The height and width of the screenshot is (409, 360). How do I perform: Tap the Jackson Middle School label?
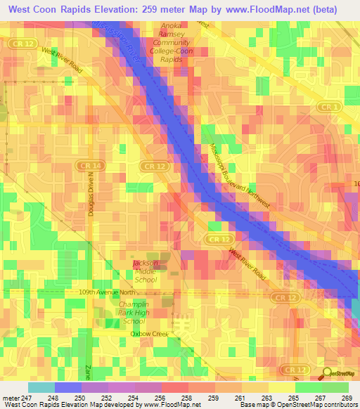point(146,271)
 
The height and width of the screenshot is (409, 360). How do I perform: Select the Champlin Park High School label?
point(134,313)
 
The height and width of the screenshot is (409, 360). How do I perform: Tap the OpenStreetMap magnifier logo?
point(328,374)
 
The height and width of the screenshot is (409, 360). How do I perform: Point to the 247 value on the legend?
point(27,397)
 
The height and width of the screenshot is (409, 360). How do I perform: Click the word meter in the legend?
point(10,397)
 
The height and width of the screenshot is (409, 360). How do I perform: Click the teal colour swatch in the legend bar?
point(41,387)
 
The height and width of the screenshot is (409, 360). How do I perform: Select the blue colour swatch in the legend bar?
point(67,387)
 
